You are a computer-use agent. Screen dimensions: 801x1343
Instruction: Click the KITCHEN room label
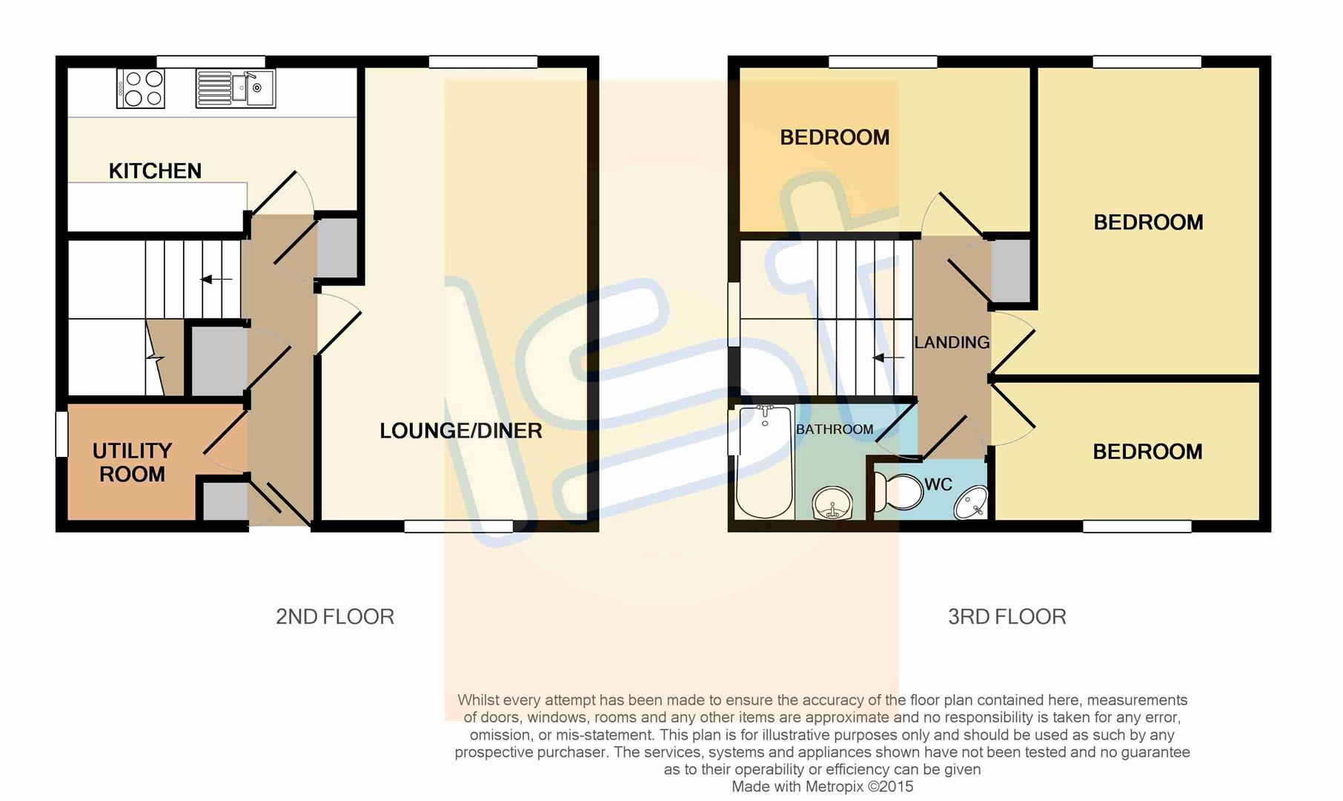155,171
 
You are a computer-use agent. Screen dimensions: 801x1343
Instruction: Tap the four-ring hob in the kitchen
141,89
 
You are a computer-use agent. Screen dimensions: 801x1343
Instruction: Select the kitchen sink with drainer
236,89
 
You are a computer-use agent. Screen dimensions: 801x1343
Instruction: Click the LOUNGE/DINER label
460,431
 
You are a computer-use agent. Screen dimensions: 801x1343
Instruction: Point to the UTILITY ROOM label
132,462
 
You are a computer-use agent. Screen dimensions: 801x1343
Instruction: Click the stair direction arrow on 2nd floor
216,280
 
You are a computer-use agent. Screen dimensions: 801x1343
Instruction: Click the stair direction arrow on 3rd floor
888,358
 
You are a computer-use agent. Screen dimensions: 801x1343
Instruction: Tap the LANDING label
952,343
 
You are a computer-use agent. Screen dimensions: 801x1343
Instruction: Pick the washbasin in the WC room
971,503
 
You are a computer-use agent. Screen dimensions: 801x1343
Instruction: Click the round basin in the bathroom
833,505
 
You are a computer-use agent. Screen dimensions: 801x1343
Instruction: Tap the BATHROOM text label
835,429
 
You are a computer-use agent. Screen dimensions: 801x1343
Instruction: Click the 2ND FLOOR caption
335,616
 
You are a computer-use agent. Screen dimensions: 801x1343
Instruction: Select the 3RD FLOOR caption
1007,616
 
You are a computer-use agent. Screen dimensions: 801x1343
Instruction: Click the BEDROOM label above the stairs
835,137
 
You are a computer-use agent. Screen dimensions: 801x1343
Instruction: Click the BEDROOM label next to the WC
1147,452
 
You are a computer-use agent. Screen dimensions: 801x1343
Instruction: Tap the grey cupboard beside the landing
1011,271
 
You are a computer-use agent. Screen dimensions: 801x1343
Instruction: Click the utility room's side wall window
62,435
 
